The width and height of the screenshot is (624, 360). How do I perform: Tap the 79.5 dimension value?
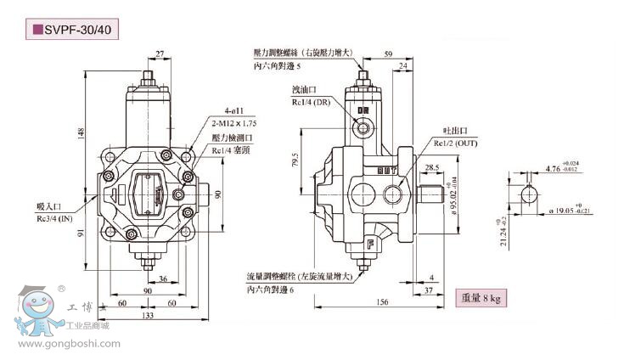[x=295, y=160]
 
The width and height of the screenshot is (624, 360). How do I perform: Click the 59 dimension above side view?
[x=388, y=54]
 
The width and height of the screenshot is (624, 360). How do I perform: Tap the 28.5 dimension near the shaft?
[x=431, y=168]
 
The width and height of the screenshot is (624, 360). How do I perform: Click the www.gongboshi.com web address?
[x=69, y=344]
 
